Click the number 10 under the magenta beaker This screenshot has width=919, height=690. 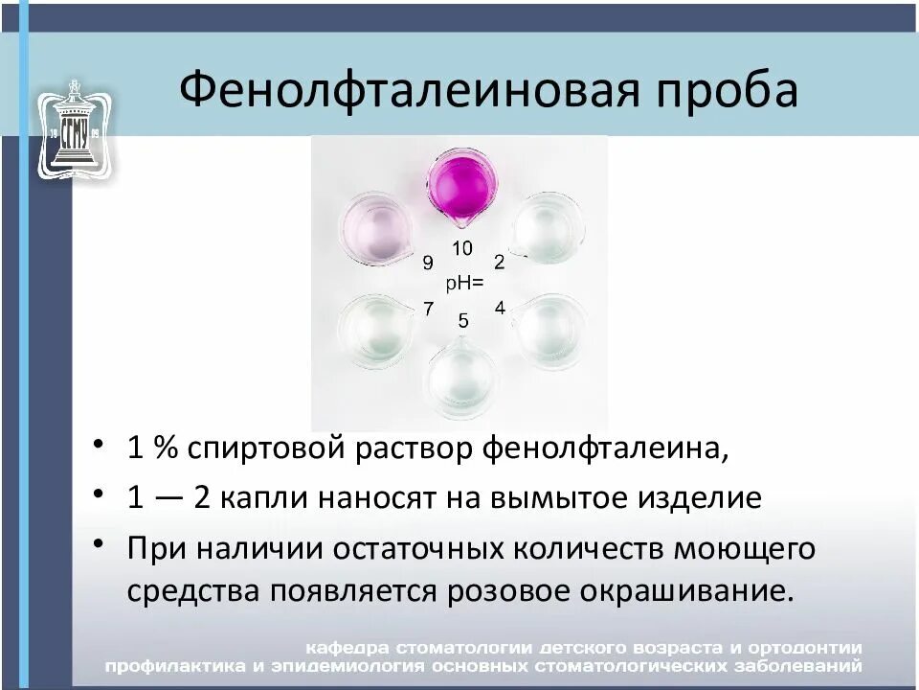[462, 249]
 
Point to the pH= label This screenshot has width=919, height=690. [465, 284]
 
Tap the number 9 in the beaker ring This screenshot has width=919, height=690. [428, 263]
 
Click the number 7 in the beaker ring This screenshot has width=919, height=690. [428, 309]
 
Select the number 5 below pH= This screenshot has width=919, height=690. [463, 321]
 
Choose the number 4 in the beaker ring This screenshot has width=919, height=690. [500, 308]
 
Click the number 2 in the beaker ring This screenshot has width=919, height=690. [499, 262]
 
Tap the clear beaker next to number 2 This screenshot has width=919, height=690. [549, 229]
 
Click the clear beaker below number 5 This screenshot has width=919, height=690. [462, 377]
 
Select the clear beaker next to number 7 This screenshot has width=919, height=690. [375, 331]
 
